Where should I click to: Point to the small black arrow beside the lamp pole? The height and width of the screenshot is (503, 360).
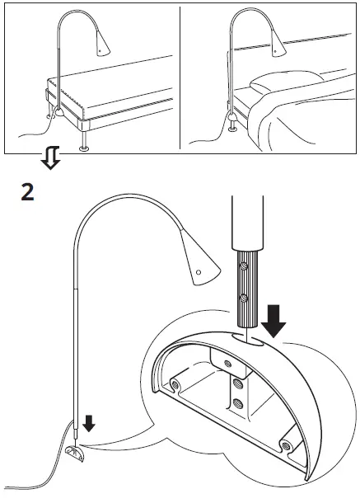tap(89, 423)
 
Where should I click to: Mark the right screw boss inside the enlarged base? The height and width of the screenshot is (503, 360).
tap(286, 445)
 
